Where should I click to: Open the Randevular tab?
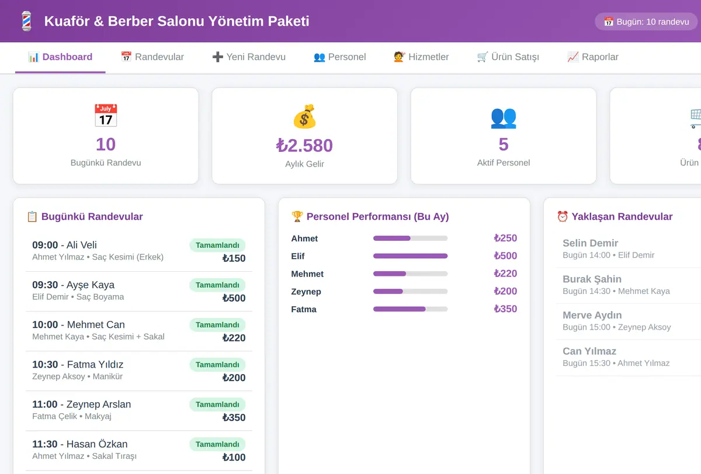click(x=152, y=57)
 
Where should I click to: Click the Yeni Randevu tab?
click(x=249, y=57)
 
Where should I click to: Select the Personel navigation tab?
click(x=339, y=57)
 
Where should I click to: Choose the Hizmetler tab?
click(x=421, y=57)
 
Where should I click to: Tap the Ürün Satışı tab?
click(x=508, y=57)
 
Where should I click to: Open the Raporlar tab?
click(x=593, y=57)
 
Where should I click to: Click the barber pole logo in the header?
click(x=27, y=21)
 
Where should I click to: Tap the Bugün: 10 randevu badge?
click(x=646, y=22)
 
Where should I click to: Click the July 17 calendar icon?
click(x=106, y=116)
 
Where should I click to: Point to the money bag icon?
click(x=304, y=116)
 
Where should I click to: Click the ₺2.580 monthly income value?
click(x=304, y=146)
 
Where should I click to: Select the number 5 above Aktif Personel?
click(x=504, y=144)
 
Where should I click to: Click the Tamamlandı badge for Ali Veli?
click(x=217, y=245)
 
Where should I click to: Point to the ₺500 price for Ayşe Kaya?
click(x=234, y=298)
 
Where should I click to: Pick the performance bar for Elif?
click(x=410, y=256)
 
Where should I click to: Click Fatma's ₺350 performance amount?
click(x=505, y=309)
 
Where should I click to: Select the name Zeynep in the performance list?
click(x=306, y=292)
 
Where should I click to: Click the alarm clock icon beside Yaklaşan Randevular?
click(x=563, y=216)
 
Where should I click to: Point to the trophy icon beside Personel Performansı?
click(x=297, y=216)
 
